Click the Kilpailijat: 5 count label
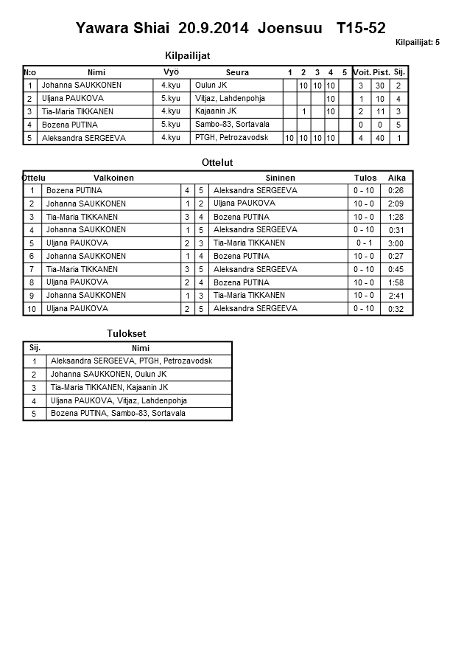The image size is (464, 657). coord(417,43)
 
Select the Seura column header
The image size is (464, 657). coord(237,72)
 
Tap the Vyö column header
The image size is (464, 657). coord(171,72)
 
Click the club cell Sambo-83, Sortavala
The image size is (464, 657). coord(232,125)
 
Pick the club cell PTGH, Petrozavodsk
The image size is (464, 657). coord(231,138)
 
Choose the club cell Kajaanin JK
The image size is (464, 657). coord(216,111)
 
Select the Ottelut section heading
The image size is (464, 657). coord(217,162)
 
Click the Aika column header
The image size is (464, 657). coord(397,178)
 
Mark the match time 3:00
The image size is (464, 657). coord(396,243)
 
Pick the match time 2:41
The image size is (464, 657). coord(396,296)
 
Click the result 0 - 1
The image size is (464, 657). coord(364,243)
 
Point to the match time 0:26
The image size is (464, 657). coord(396,191)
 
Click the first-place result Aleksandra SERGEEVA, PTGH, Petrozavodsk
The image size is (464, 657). coord(131,361)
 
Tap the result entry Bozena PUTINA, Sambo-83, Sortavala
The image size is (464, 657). coord(118,414)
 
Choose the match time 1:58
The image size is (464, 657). coord(396,282)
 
